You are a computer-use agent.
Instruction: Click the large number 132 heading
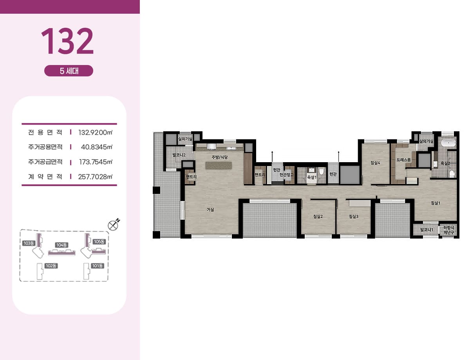(x=67, y=41)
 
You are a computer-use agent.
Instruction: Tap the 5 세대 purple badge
(x=69, y=71)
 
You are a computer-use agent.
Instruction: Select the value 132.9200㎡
(x=96, y=132)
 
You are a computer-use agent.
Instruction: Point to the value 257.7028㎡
(x=95, y=177)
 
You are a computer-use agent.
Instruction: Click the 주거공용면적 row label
(x=45, y=147)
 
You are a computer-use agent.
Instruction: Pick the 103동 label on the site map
(x=29, y=243)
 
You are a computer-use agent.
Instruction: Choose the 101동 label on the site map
(x=98, y=266)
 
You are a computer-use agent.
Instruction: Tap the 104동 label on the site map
(x=62, y=245)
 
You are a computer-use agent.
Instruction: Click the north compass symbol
(x=113, y=225)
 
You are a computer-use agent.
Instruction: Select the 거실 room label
(x=210, y=210)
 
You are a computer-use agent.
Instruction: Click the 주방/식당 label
(x=220, y=157)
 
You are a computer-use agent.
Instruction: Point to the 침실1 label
(x=436, y=203)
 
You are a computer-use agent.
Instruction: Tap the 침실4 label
(x=375, y=163)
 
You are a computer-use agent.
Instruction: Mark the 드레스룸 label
(x=403, y=160)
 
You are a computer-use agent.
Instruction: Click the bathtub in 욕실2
(x=448, y=143)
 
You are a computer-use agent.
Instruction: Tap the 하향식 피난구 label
(x=448, y=230)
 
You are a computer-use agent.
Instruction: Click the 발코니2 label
(x=179, y=155)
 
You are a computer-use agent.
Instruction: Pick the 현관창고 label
(x=287, y=174)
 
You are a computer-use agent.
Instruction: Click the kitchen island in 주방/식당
(x=219, y=166)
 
